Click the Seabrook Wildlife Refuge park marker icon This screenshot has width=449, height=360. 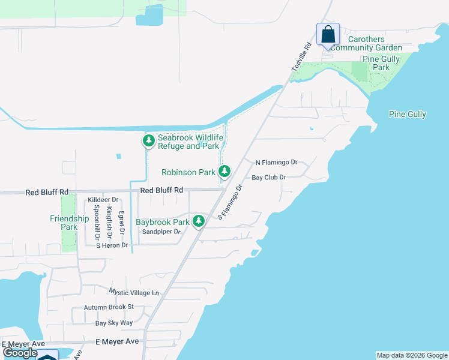point(148,142)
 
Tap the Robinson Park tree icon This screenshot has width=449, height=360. point(224,172)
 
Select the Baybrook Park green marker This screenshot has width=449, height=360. point(199,221)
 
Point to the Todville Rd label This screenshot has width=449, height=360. point(302,58)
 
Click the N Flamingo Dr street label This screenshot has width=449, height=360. point(277,163)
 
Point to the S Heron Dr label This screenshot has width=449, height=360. point(108,245)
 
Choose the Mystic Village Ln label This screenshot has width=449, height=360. point(134,292)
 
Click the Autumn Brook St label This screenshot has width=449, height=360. point(108,307)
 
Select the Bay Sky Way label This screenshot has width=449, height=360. point(114,323)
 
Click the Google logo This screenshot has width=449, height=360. point(20,353)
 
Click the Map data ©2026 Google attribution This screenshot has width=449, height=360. point(412,355)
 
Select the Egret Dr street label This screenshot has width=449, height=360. point(121,222)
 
